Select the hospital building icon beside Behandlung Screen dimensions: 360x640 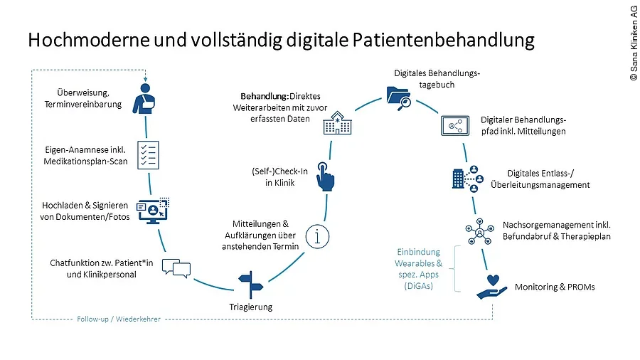(338, 123)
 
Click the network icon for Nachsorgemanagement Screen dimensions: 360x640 (479, 231)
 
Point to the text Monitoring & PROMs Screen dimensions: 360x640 (554, 287)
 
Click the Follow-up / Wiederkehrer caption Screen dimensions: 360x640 (118, 319)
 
